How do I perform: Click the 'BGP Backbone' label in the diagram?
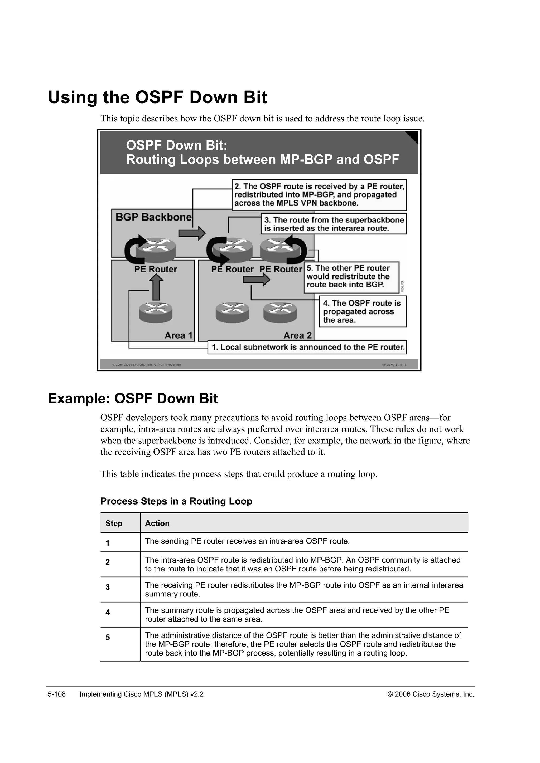pos(153,217)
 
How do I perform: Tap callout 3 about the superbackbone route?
pos(334,224)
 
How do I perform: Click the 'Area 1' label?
pos(179,335)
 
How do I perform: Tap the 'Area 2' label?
pos(297,335)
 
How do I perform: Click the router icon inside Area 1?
pos(156,312)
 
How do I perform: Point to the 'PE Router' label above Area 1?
pos(156,269)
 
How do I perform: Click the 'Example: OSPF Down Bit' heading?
pos(133,398)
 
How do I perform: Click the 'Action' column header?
pos(157,524)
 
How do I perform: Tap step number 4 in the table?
pos(107,612)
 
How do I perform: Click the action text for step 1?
pos(247,541)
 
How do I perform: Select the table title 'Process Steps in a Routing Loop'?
pos(176,501)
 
